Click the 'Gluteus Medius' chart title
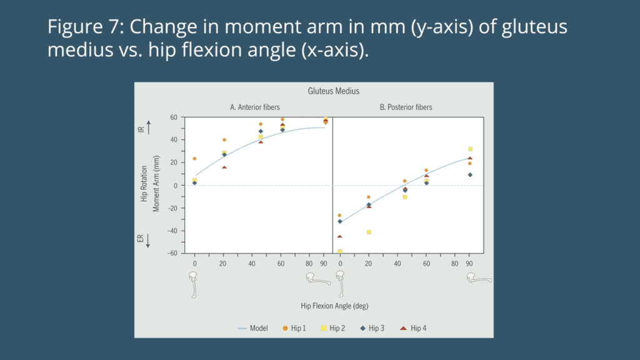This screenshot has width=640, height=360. point(333,91)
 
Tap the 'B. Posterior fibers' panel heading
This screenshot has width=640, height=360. point(406,107)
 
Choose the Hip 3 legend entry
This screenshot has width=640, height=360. point(375,327)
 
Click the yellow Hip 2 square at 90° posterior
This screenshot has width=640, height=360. point(470,149)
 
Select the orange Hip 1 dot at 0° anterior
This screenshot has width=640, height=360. point(194,159)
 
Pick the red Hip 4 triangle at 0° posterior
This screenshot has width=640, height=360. point(340,236)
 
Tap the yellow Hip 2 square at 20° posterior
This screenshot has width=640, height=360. point(369,232)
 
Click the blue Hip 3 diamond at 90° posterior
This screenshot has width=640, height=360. point(470,175)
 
